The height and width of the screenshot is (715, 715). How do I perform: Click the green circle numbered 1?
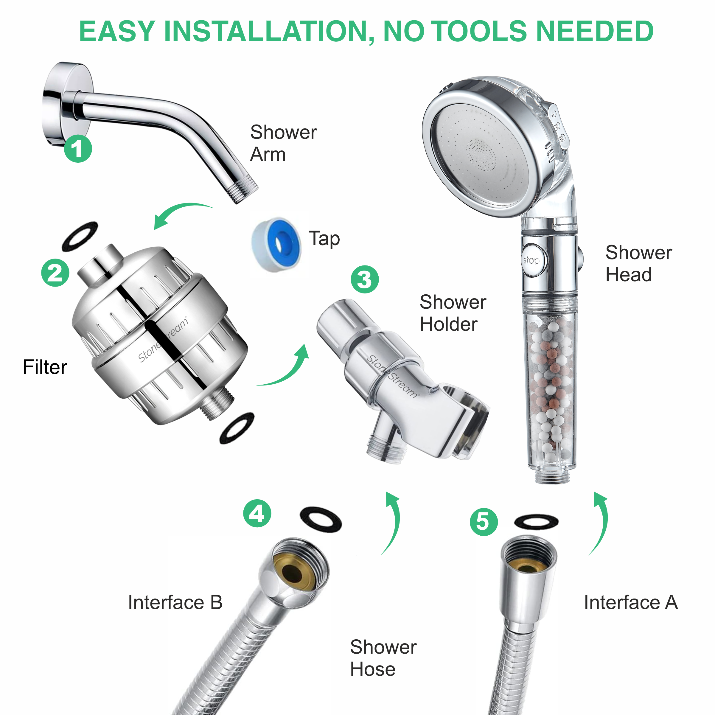(x=78, y=149)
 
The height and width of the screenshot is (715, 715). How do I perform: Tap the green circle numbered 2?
(x=55, y=273)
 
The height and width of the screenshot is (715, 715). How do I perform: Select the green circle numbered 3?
(x=365, y=279)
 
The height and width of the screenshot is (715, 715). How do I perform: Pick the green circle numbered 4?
(x=257, y=513)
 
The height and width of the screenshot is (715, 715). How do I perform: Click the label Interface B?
(x=175, y=602)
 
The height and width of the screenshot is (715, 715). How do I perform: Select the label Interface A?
(x=631, y=602)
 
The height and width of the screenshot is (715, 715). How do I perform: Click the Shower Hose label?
(x=383, y=658)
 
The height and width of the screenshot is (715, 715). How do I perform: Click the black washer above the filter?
(x=80, y=236)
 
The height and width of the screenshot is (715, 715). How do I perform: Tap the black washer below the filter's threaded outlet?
(x=237, y=428)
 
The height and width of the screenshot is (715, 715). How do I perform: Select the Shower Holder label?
(x=453, y=313)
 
